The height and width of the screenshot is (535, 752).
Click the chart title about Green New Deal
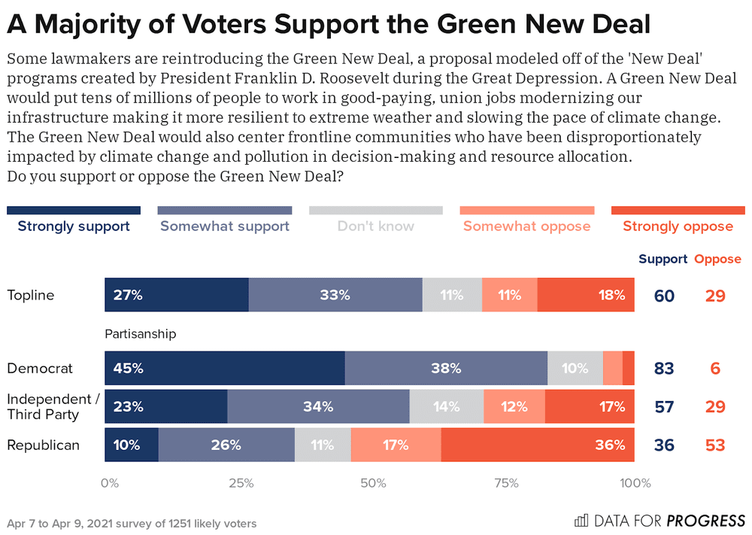pos(329,25)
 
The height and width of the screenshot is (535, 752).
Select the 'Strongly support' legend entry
pos(74,226)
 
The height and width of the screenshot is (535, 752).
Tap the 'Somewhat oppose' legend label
pos(526,226)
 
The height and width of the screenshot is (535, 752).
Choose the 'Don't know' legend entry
pos(375,226)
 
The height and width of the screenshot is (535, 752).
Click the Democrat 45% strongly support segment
pos(225,369)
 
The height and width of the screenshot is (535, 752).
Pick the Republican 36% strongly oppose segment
pos(537,445)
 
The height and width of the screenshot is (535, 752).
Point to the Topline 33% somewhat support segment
pos(335,295)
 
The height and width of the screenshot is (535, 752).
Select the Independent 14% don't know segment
pos(447,407)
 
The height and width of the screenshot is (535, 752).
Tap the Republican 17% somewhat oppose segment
pos(396,445)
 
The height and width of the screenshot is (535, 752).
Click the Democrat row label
pos(40,369)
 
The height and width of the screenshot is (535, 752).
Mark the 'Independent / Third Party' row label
pos(53,407)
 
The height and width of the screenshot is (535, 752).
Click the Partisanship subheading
pos(140,333)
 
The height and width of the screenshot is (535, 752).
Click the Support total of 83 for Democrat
pos(664,369)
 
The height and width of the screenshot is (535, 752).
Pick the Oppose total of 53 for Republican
pos(715,445)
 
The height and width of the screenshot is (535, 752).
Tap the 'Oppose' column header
pos(717,259)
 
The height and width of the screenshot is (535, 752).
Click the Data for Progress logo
pos(660,521)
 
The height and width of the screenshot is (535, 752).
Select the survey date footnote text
pos(132,523)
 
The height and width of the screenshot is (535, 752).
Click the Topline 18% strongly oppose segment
pos(586,295)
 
